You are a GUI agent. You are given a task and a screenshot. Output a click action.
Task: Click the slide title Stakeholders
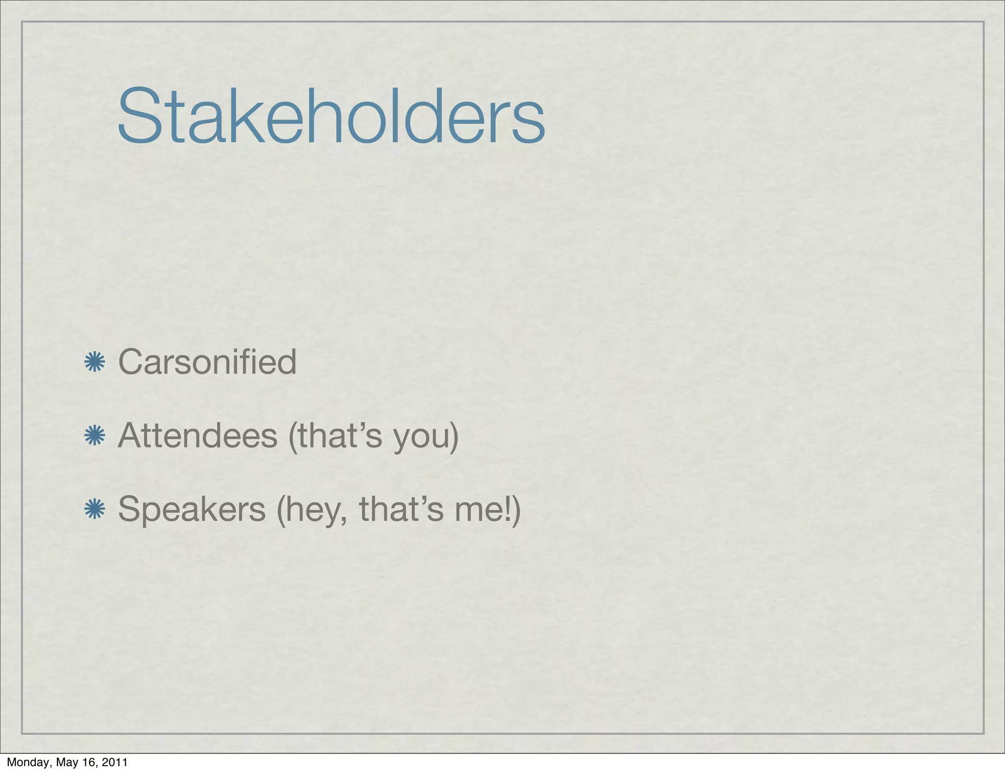(x=331, y=116)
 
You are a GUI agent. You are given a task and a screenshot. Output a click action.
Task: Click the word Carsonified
(x=207, y=362)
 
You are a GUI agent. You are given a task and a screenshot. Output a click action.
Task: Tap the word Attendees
(x=198, y=436)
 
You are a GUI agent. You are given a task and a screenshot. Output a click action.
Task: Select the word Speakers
(x=192, y=509)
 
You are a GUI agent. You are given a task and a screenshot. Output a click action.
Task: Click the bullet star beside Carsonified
(x=95, y=362)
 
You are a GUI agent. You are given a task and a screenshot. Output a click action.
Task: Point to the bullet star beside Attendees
(x=95, y=436)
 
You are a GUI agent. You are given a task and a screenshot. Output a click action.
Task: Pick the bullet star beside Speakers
(x=95, y=509)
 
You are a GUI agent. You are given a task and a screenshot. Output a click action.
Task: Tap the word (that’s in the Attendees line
(x=335, y=436)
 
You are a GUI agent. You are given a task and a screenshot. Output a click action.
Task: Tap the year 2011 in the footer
(x=115, y=762)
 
